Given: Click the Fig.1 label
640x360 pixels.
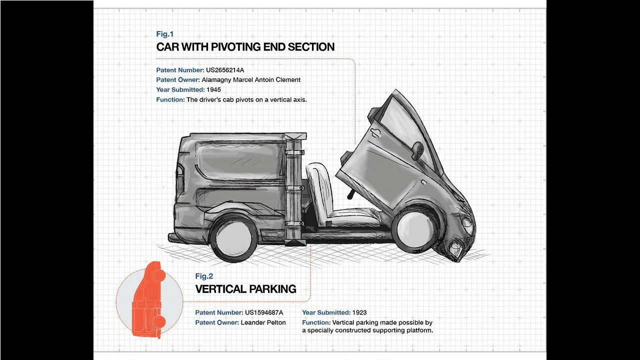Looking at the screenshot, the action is tap(165, 34).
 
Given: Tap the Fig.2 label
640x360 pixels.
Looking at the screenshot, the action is tap(204, 276).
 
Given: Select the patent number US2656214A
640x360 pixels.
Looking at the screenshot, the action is tap(225, 70).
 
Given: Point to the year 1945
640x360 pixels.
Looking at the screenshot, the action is tap(213, 89).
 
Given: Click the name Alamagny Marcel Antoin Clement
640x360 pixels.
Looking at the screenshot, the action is tap(251, 79).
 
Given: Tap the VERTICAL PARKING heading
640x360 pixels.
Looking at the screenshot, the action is tap(245, 289).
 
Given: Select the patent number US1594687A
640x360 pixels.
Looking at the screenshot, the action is tap(264, 312).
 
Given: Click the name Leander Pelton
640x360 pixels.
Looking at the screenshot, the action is tap(263, 322).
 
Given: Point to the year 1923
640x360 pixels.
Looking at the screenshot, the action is tap(359, 312).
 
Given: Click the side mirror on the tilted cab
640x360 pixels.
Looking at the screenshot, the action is tap(417, 150).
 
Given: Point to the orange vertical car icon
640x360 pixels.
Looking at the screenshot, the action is tap(148, 300).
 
